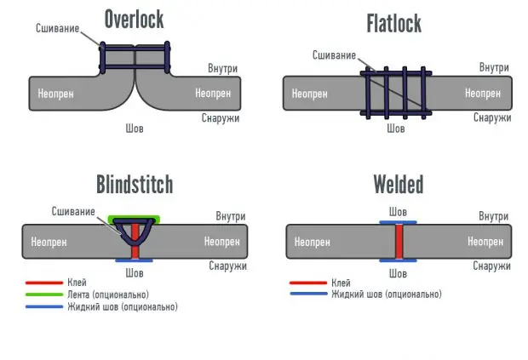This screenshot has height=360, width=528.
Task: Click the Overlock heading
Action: (x=135, y=20)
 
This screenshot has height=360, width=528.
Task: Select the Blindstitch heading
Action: (x=134, y=184)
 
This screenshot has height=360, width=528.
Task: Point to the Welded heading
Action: (x=398, y=184)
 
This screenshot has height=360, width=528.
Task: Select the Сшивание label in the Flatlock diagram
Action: (x=333, y=55)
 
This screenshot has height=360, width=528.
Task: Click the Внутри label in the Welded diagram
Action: (x=494, y=217)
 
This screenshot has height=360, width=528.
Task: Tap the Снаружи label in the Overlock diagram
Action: (x=221, y=118)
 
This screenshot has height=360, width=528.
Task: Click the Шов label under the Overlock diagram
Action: (x=135, y=129)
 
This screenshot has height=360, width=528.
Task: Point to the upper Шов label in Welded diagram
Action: (x=398, y=211)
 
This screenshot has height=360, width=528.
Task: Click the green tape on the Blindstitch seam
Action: (x=135, y=218)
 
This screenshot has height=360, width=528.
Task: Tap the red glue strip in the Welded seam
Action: (x=398, y=242)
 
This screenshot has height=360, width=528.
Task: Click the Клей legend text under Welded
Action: (x=340, y=283)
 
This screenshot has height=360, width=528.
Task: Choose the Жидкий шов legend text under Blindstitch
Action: (x=122, y=306)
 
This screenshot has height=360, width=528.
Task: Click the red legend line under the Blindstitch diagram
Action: (x=41, y=283)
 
